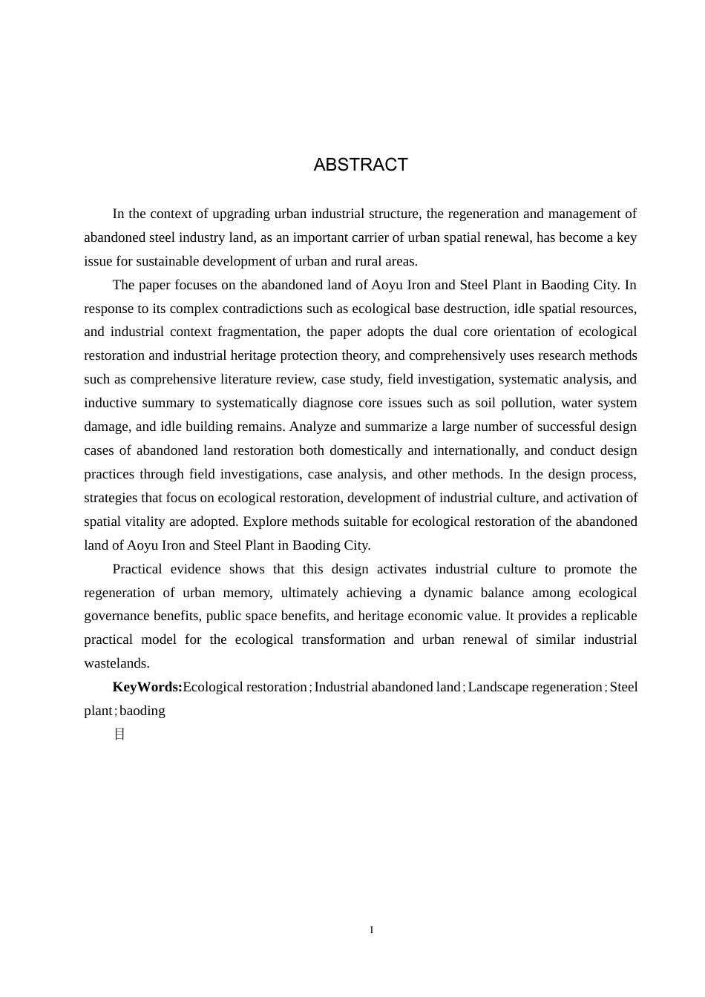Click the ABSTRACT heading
point(361,165)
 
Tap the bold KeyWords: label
point(147,687)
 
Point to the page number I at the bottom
point(371,930)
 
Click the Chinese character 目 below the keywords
point(119,734)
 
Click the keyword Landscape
point(497,687)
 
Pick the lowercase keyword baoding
point(142,711)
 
